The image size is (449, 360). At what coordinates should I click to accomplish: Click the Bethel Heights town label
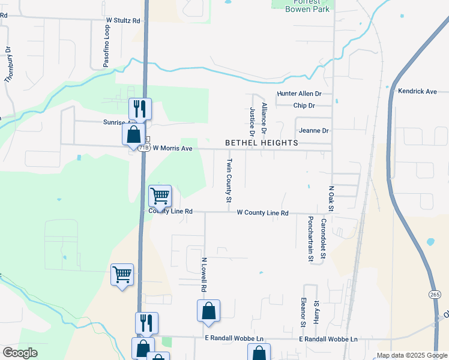[261, 143]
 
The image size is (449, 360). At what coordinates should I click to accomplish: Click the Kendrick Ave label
[417, 91]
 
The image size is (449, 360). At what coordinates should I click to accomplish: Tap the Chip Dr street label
[304, 106]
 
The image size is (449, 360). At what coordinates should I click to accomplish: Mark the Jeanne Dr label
[313, 131]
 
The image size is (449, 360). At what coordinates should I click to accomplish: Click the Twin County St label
[229, 181]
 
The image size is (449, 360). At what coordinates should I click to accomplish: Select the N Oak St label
[331, 198]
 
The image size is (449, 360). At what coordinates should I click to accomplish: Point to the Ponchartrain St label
[311, 239]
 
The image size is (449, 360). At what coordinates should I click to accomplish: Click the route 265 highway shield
[435, 294]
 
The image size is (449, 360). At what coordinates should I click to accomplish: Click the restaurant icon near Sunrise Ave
[140, 109]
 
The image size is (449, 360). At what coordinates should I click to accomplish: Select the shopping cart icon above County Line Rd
[160, 196]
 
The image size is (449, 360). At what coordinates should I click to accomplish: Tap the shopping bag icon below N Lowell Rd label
[208, 311]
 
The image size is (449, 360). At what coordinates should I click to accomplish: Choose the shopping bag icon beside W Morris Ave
[133, 134]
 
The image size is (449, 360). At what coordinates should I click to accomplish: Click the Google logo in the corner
[20, 353]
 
